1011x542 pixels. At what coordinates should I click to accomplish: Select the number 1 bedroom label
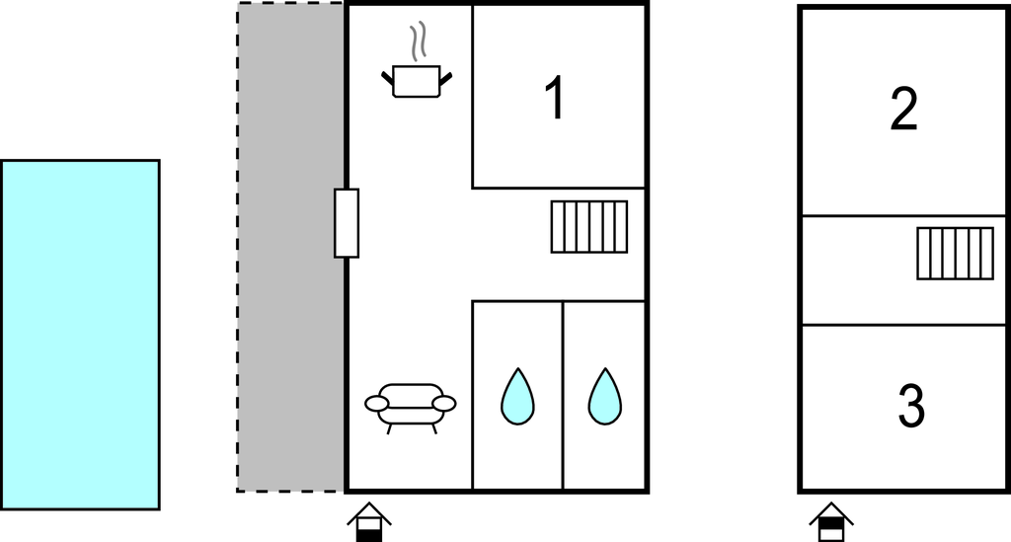coord(556,99)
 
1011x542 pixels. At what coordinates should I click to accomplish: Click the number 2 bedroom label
coord(903,109)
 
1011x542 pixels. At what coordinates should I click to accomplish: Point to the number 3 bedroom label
coord(910,407)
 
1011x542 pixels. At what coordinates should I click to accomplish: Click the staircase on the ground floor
coord(589,227)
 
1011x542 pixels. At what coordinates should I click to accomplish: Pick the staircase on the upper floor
coord(955,254)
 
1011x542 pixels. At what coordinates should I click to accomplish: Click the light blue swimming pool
coord(80,335)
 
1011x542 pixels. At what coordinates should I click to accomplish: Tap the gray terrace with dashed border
coord(290,247)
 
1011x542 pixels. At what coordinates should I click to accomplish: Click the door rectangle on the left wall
coord(347,223)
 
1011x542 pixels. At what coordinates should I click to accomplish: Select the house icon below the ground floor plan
coord(368,522)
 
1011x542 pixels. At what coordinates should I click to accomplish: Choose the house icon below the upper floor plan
coord(831,522)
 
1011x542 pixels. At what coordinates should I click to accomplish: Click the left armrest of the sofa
coord(376,403)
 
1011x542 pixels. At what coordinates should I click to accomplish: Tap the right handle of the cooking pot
coord(447,77)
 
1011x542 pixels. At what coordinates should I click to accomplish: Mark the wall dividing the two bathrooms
coord(563,395)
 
